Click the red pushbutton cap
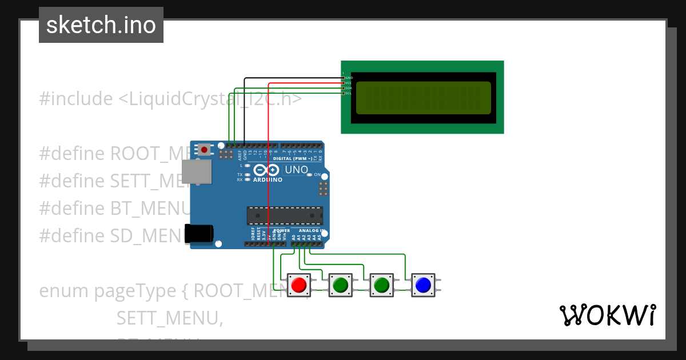[298, 284]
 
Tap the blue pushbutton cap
[423, 284]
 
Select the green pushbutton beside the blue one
[381, 284]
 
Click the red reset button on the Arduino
[204, 150]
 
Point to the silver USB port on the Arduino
[196, 171]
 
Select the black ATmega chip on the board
[284, 215]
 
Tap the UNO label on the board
[296, 170]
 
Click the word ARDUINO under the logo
[268, 179]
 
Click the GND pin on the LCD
[343, 78]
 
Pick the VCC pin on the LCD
[343, 83]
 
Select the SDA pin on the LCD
[343, 88]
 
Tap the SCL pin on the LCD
[343, 93]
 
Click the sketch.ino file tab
[101, 25]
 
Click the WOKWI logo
[607, 315]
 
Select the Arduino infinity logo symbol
[266, 170]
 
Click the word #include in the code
[76, 99]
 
